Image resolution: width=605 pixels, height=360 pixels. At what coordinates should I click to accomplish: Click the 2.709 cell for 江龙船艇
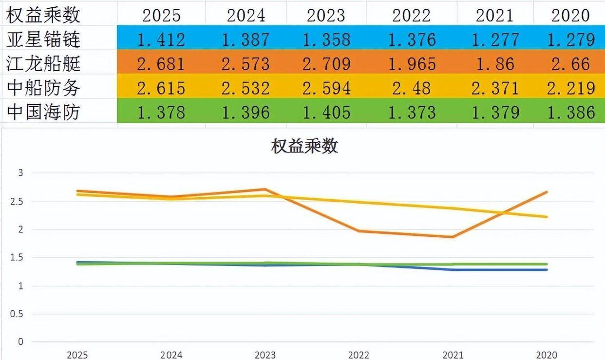tap(326, 64)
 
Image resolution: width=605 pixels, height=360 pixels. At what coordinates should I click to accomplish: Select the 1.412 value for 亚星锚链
tap(161, 39)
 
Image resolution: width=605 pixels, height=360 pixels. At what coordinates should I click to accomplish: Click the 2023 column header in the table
tap(326, 15)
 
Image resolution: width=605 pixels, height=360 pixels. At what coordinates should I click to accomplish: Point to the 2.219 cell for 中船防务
tap(570, 88)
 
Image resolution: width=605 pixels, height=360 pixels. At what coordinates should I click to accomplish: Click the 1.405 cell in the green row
tap(326, 113)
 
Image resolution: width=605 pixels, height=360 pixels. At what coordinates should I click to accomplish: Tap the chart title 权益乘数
tap(304, 147)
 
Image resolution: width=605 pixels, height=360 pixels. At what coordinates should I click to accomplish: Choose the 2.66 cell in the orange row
tap(570, 64)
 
